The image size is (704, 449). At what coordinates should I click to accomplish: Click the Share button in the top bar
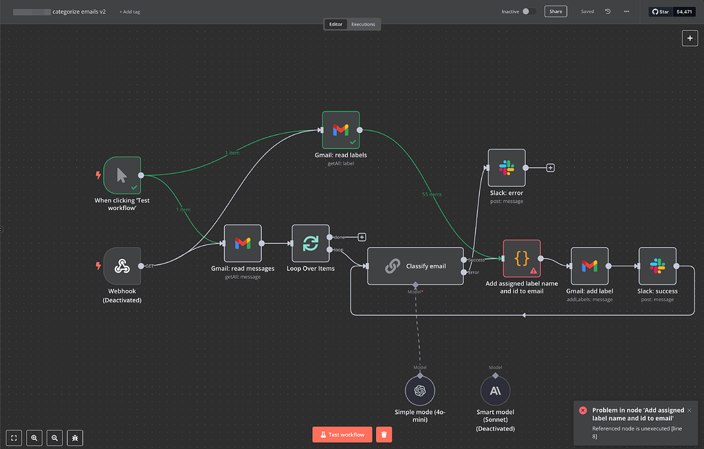tap(555, 12)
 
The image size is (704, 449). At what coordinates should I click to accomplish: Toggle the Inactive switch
tap(529, 12)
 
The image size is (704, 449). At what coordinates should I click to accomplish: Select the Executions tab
tap(363, 24)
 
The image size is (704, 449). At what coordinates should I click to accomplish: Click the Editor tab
tap(335, 24)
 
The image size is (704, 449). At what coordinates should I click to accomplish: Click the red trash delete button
tap(384, 435)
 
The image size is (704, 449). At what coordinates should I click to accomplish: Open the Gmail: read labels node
tap(341, 129)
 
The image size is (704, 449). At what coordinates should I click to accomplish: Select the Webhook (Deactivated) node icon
tap(122, 266)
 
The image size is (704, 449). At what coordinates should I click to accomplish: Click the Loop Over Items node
tap(311, 243)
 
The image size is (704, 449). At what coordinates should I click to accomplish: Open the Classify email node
tap(415, 266)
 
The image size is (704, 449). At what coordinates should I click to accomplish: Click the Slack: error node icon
tap(507, 167)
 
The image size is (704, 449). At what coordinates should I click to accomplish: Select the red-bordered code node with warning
tap(522, 258)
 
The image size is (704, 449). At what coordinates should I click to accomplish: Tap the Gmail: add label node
tap(589, 266)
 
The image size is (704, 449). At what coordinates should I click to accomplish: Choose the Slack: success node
tap(657, 266)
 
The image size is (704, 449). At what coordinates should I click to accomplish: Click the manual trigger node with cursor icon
tap(122, 175)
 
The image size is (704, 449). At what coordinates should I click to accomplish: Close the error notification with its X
tap(689, 410)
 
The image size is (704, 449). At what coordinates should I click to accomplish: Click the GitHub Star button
tap(660, 12)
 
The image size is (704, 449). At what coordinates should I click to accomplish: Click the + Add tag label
tap(129, 12)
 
